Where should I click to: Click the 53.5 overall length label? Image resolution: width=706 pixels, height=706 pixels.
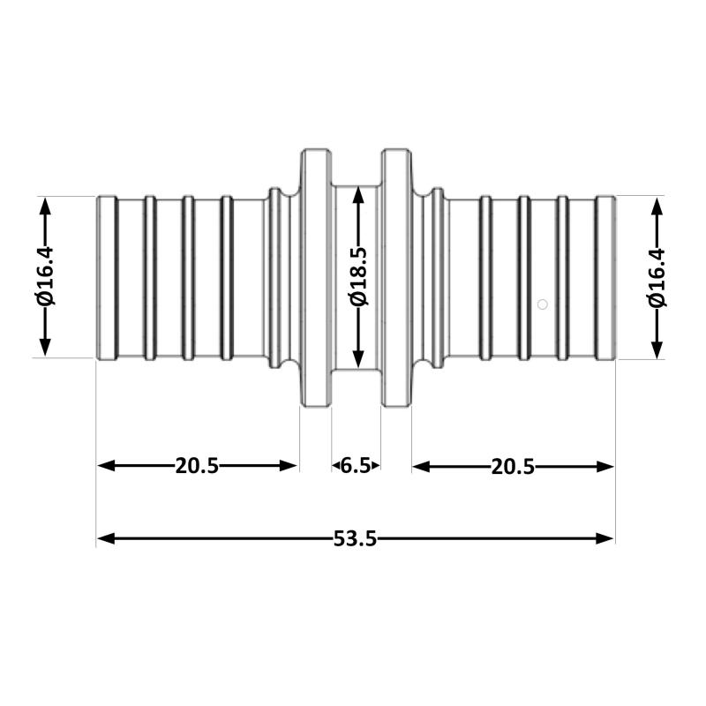click(x=355, y=538)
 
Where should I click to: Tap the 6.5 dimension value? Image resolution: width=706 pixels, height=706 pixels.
click(x=356, y=466)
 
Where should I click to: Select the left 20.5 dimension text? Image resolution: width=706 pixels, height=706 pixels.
click(x=197, y=466)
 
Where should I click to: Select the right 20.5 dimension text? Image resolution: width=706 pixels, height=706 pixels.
click(x=513, y=467)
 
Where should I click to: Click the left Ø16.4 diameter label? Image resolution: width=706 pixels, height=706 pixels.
click(x=45, y=276)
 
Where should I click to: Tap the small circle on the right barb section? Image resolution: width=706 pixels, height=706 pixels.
click(x=543, y=304)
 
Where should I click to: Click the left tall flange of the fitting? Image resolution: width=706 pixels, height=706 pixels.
click(x=316, y=278)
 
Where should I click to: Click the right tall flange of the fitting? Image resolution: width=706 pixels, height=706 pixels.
click(x=396, y=278)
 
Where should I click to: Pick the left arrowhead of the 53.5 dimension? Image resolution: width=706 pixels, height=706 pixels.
click(x=106, y=538)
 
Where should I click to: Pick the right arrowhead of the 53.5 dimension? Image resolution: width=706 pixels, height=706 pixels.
click(x=605, y=538)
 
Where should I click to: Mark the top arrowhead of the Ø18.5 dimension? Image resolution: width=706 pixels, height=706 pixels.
click(x=358, y=195)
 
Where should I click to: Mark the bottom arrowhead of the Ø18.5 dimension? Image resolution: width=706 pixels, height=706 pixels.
click(x=358, y=359)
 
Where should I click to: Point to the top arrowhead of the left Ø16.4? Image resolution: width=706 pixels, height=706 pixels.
click(x=45, y=207)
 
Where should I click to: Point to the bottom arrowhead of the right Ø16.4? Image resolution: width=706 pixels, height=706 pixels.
click(x=657, y=349)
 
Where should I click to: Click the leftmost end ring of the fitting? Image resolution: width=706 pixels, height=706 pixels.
click(x=107, y=278)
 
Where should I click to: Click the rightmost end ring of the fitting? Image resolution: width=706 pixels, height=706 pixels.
click(x=605, y=278)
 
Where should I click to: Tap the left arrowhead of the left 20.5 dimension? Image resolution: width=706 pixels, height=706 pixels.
click(x=106, y=466)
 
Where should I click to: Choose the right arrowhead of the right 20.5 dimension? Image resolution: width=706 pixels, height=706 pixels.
click(x=605, y=467)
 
